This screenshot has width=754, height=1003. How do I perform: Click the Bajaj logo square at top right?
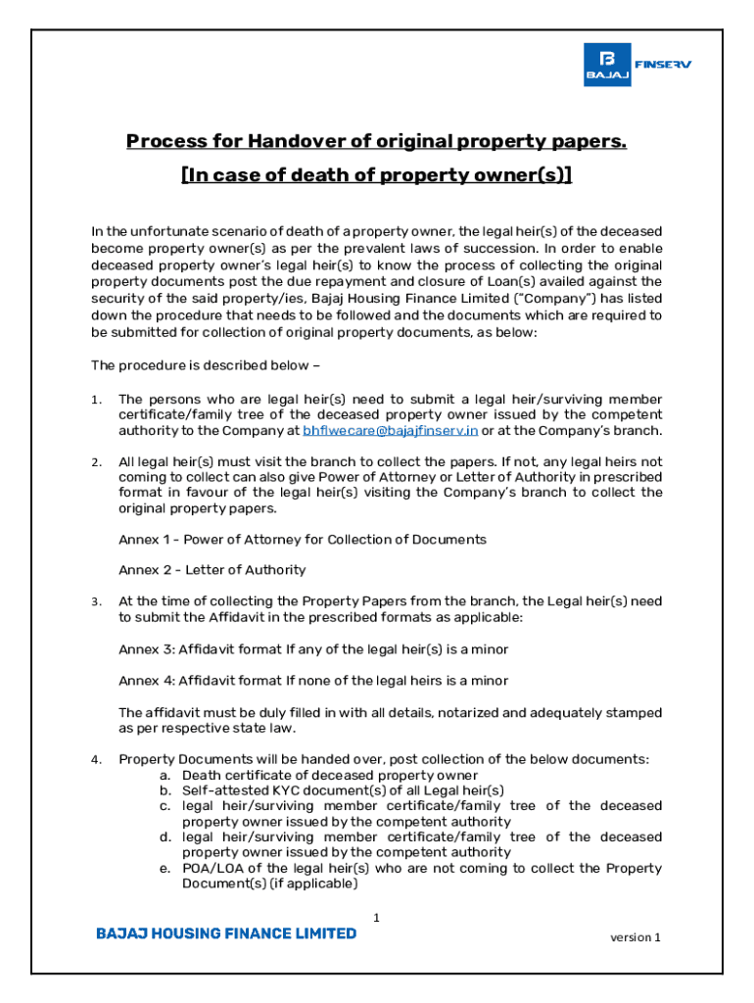click(607, 65)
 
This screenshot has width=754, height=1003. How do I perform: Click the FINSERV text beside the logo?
click(663, 65)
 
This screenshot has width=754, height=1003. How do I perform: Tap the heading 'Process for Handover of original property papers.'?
click(376, 142)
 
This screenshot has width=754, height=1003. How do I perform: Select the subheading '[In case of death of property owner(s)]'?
click(376, 174)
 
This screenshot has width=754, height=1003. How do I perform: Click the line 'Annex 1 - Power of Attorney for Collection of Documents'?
click(302, 540)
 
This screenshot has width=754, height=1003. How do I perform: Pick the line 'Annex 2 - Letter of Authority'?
click(212, 570)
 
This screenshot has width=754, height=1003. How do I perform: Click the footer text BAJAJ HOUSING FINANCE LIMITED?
click(226, 933)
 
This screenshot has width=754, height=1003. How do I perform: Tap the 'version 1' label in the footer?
click(636, 937)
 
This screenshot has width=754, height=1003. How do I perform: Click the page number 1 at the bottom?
click(376, 918)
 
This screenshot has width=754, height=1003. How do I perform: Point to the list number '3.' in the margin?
click(96, 602)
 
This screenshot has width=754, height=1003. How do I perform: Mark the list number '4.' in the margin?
click(96, 760)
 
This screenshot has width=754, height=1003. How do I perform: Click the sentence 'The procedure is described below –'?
click(206, 366)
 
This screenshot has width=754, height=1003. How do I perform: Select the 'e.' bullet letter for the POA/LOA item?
click(165, 869)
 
